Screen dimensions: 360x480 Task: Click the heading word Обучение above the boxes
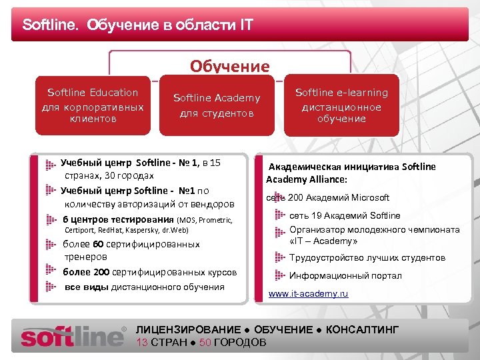(x=229, y=67)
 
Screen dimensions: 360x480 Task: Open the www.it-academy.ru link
(x=308, y=294)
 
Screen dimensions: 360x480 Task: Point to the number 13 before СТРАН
(x=142, y=343)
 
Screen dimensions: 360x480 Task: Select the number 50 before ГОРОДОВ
(x=205, y=343)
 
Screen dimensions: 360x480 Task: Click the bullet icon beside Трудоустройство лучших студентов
(x=281, y=257)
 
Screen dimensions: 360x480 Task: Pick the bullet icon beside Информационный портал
(x=281, y=275)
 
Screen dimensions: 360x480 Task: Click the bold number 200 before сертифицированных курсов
(x=101, y=272)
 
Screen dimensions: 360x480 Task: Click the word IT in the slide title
(x=246, y=26)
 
